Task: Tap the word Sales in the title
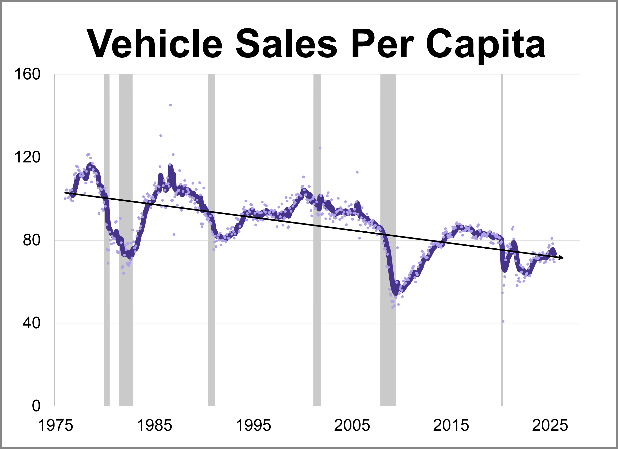pos(286,44)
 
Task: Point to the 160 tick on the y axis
pos(27,74)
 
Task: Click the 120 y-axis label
pos(27,157)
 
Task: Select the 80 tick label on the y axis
pos(31,240)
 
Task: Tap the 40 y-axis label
pos(31,323)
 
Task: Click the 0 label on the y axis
pos(36,406)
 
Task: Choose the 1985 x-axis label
pos(154,426)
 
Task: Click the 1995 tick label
pos(253,426)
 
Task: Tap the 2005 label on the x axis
pos(352,426)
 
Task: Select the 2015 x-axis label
pos(451,426)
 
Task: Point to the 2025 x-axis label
pos(550,426)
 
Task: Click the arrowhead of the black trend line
pos(561,258)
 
